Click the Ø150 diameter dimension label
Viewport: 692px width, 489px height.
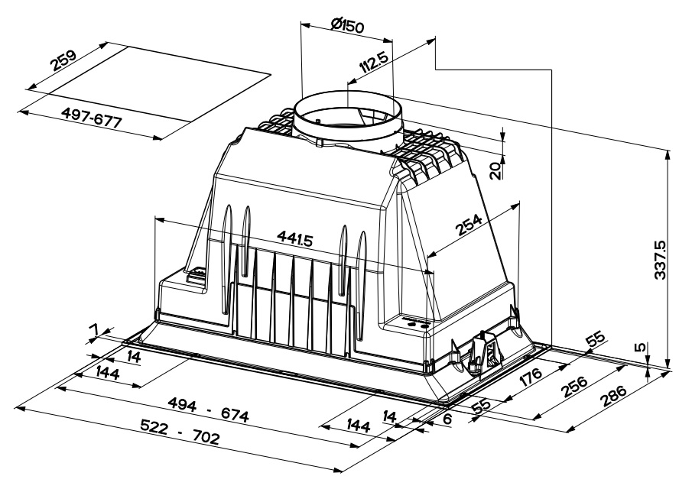tap(347, 25)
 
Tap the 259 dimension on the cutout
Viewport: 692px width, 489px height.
tap(63, 60)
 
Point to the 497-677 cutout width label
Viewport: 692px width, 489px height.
tap(91, 118)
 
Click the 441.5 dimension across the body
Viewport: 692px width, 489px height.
tap(294, 238)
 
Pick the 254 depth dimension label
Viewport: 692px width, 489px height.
tap(469, 225)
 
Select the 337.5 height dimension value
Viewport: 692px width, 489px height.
tap(660, 260)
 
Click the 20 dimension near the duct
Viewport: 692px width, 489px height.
tap(496, 170)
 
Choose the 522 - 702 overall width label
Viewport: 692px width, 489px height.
tap(180, 432)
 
